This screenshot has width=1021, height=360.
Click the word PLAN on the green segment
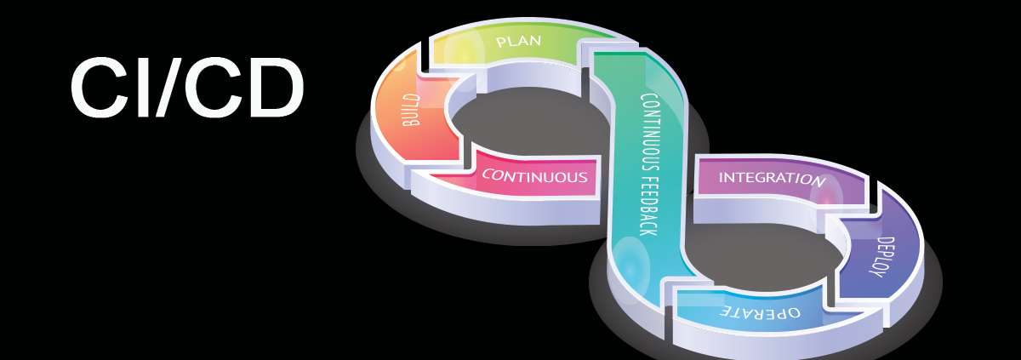point(519,41)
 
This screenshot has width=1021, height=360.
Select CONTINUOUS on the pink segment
point(534,177)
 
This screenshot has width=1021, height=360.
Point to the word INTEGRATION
point(772,179)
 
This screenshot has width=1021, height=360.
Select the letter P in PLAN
point(500,40)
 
